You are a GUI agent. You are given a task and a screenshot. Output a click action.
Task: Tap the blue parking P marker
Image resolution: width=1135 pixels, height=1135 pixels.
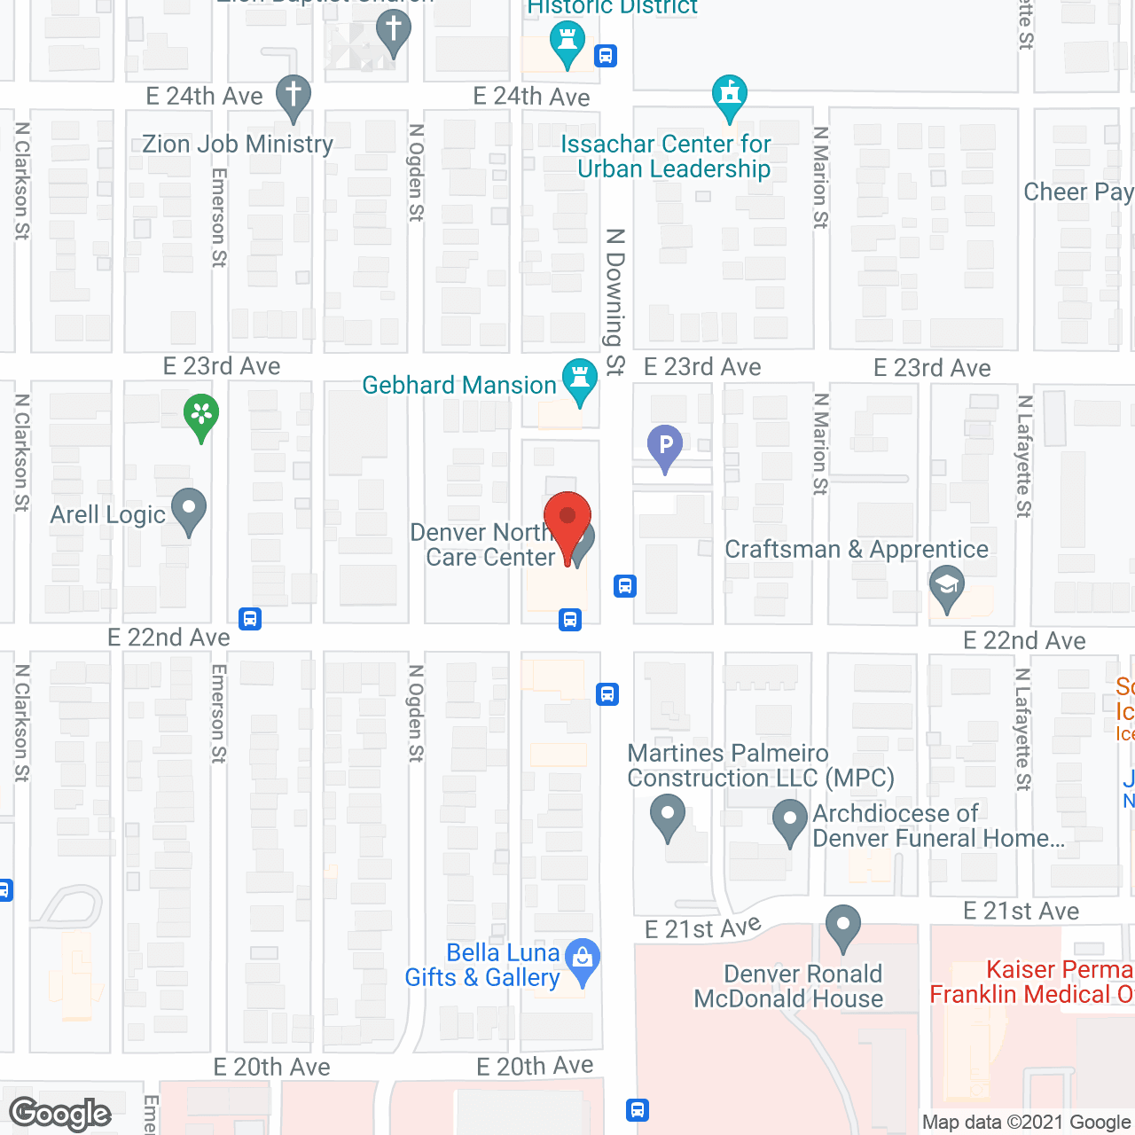point(665,446)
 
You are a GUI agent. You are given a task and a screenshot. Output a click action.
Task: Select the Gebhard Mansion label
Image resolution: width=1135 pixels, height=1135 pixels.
point(459,386)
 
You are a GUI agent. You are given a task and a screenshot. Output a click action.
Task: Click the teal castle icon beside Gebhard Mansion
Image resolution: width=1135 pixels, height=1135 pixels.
point(580,380)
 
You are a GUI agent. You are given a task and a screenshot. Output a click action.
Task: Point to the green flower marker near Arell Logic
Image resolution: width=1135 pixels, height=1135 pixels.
point(201,415)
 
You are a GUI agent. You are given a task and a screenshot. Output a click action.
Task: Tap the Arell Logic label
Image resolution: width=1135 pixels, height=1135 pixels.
point(108,515)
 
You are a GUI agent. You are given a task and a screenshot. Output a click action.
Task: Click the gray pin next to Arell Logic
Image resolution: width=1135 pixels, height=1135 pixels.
point(188,511)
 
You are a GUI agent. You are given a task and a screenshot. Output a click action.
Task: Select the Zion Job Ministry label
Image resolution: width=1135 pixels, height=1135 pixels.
point(238,145)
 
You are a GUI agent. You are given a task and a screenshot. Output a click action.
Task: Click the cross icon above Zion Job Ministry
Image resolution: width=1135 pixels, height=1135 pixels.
point(293,96)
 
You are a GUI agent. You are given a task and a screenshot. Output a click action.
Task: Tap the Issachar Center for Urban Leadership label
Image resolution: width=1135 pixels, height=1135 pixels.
point(666,157)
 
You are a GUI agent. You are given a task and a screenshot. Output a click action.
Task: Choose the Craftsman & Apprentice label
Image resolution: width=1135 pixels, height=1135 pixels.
point(857,550)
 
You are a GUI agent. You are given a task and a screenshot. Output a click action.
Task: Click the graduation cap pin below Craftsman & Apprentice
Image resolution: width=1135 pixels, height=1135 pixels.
point(947,588)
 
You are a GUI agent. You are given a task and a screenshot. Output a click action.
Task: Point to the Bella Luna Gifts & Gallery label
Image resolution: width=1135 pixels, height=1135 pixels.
point(483,966)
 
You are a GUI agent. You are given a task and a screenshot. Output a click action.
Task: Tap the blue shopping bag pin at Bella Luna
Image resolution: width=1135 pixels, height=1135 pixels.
point(583,960)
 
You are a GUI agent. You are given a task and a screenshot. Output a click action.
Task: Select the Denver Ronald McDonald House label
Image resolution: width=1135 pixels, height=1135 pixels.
point(788,987)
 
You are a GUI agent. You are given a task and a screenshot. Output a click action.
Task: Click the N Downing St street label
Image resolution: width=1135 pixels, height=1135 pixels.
point(615,301)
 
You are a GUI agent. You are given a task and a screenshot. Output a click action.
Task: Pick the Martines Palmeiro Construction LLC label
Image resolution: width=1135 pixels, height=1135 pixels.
point(760,766)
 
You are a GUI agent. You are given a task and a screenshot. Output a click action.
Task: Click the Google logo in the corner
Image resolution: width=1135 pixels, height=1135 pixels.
point(60,1114)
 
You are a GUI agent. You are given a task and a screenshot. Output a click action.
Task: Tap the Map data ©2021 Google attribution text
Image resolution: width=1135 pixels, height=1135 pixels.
point(1027,1123)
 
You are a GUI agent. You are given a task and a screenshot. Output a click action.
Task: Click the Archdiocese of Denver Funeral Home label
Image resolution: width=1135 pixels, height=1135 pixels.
point(938,826)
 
